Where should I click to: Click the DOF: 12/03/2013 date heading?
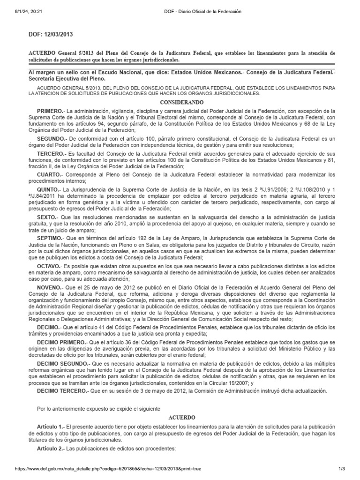point(51,34)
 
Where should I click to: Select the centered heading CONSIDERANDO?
point(180,102)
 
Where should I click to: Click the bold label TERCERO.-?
point(52,153)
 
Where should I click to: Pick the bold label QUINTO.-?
point(50,189)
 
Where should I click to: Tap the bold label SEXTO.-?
point(49,218)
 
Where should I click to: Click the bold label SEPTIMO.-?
point(51,239)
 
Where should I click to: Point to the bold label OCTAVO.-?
point(50,266)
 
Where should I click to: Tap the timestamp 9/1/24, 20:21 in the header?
point(22,11)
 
